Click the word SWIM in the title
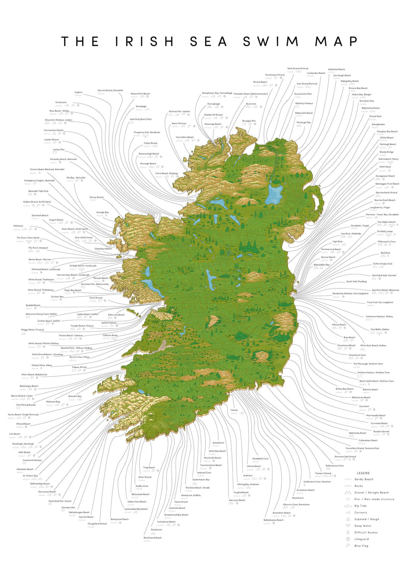[271, 41]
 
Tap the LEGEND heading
[363, 473]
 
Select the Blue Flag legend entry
[361, 546]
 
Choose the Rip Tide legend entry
[360, 506]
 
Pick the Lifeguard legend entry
[361, 539]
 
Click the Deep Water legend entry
[363, 526]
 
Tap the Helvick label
[234, 410]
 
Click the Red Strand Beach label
[153, 538]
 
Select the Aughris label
[78, 92]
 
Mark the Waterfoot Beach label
[336, 69]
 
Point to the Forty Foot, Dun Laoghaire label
[380, 302]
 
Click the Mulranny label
[18, 226]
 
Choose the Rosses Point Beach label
[140, 94]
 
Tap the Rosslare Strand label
[381, 431]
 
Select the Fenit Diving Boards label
[26, 405]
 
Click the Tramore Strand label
[323, 473]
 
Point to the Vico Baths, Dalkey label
[380, 329]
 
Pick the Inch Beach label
[15, 434]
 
